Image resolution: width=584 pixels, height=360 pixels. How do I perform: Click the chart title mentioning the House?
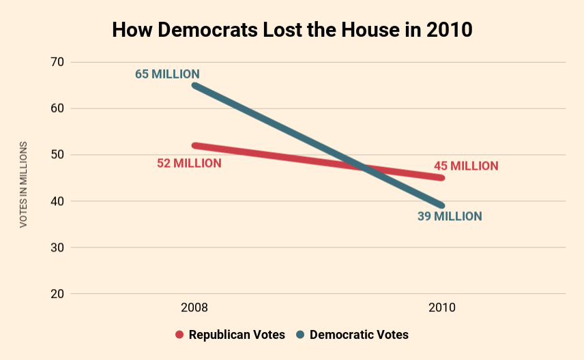(x=292, y=31)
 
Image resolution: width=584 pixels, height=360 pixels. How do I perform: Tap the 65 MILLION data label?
(x=167, y=74)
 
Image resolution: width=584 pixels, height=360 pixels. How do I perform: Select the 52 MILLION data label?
(x=189, y=163)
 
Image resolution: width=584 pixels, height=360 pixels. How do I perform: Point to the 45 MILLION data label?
(x=466, y=166)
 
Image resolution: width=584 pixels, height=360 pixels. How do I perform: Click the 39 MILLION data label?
(x=450, y=216)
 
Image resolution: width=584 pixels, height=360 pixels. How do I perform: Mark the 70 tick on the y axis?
(x=57, y=62)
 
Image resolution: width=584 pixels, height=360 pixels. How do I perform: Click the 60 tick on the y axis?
(x=57, y=108)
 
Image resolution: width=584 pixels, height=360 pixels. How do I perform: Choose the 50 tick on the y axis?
(x=57, y=155)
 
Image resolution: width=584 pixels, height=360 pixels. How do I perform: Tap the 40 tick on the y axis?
(x=57, y=201)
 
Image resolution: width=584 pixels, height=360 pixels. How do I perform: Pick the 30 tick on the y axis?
(x=57, y=247)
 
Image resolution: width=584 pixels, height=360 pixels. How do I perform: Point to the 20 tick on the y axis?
(x=57, y=294)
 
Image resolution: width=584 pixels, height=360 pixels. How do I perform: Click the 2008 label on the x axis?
(x=194, y=307)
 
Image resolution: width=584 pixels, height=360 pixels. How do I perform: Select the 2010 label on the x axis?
(x=442, y=307)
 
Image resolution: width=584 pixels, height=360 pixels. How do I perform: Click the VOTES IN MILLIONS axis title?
(x=23, y=184)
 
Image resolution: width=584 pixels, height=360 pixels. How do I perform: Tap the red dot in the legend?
(x=180, y=335)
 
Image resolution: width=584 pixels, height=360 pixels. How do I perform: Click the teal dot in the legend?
(x=300, y=335)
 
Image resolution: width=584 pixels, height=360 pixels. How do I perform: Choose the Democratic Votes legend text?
(x=359, y=335)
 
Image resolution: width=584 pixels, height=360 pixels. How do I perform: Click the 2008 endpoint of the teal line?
(x=195, y=85)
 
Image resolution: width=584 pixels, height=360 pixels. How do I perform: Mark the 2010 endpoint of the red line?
(x=442, y=178)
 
